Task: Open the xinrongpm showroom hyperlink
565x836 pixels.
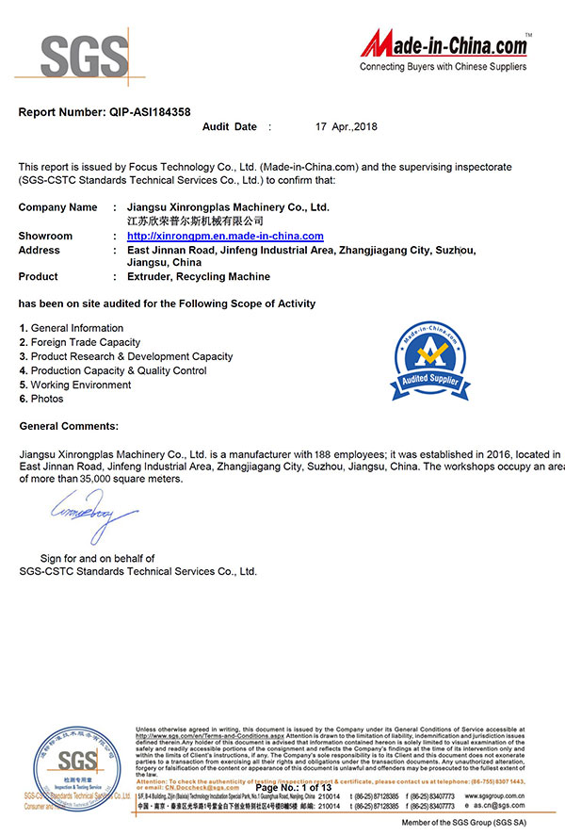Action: (x=225, y=236)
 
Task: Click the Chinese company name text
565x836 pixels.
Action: (x=195, y=220)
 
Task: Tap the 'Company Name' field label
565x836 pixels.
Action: (x=57, y=206)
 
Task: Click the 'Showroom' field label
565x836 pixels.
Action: (x=45, y=236)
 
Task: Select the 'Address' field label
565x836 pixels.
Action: (x=39, y=250)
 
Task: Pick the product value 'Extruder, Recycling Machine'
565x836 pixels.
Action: (x=198, y=276)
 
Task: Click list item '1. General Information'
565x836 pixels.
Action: (x=71, y=328)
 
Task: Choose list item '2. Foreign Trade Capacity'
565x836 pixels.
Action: (x=79, y=342)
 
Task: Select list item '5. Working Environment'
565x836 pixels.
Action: (x=74, y=385)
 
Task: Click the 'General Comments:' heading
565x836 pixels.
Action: (x=69, y=426)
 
